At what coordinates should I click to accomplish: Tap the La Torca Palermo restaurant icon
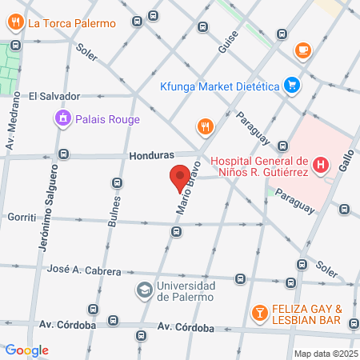point(16,22)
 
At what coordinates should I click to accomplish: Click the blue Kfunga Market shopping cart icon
point(291,84)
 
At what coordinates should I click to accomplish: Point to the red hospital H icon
point(321,166)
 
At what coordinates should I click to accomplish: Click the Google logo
point(26,350)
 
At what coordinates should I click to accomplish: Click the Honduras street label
point(150,156)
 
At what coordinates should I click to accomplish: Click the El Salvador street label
point(54,96)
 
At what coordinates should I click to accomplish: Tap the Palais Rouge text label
point(108,120)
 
